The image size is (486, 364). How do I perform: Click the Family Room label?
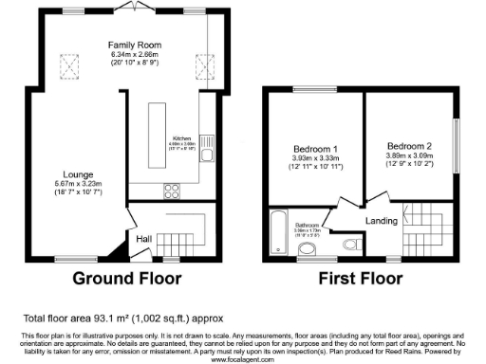pos(134,45)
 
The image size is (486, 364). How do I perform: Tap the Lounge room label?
pos(78,174)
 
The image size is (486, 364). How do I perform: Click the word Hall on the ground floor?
pos(144,238)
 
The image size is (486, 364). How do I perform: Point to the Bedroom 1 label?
pos(312,148)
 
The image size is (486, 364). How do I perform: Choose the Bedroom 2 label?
pos(410,146)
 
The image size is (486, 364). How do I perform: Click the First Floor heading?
pos(362,279)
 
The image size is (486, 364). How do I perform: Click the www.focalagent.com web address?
pos(243,358)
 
